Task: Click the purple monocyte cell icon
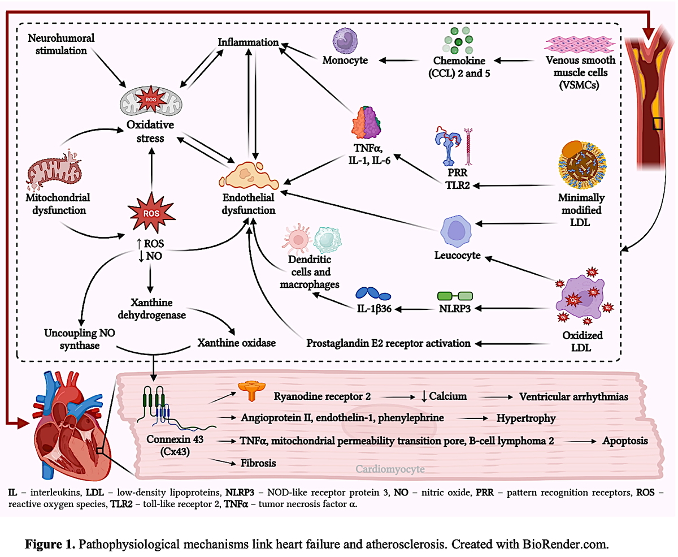coord(345,41)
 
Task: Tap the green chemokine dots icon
coord(458,41)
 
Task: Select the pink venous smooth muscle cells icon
coord(580,45)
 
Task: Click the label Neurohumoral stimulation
coord(61,44)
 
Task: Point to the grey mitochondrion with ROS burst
coord(151,100)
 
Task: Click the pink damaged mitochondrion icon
coord(54,169)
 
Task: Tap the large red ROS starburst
coord(151,213)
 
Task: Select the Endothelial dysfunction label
coord(248,204)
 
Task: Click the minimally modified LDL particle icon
coord(582,165)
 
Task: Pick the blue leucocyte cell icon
coord(456,231)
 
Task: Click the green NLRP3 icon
coord(455,296)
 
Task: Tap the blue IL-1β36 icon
coord(373,293)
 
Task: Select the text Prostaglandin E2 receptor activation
coord(388,343)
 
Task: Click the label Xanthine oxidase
coord(236,343)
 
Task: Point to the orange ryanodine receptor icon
coord(251,390)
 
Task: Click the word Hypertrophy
coord(526,418)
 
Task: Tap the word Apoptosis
coord(625,441)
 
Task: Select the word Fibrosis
coord(258,463)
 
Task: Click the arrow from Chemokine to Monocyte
coord(399,60)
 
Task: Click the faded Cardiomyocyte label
coord(390,469)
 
